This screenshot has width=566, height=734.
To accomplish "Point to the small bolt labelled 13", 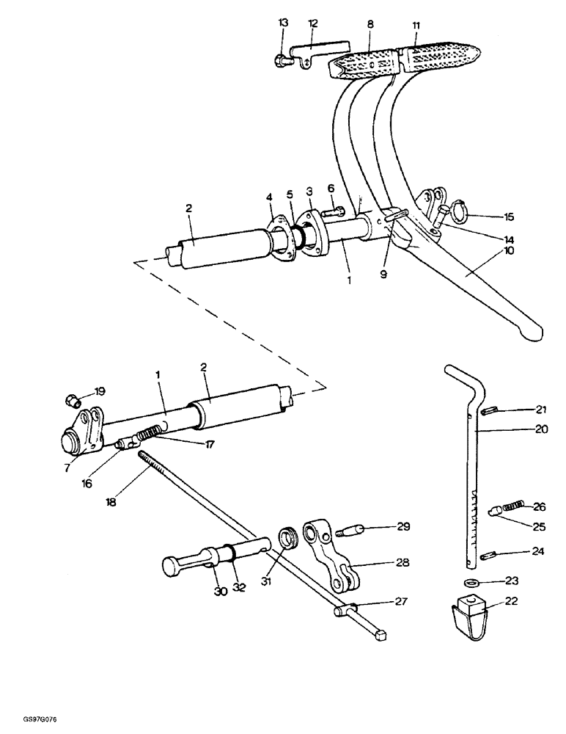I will click(x=282, y=61).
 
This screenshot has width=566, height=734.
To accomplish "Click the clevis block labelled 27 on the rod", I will click(x=345, y=609).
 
